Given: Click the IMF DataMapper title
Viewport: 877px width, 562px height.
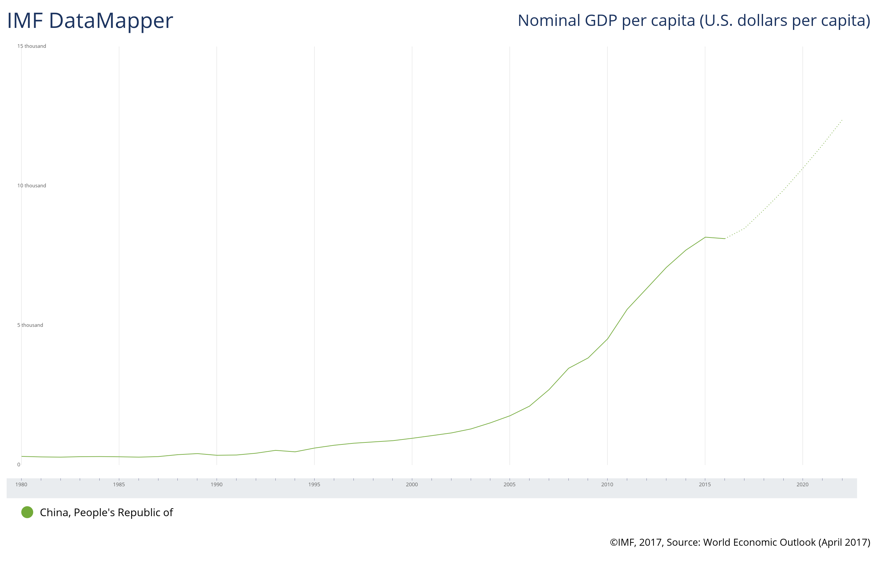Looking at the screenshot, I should pyautogui.click(x=90, y=21).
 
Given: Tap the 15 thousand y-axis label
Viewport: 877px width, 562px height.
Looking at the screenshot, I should pyautogui.click(x=32, y=46).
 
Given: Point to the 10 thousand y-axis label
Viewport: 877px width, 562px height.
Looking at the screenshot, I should pyautogui.click(x=32, y=185).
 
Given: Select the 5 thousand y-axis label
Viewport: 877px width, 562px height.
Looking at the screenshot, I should pyautogui.click(x=30, y=325).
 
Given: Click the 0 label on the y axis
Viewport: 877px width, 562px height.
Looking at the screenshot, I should pyautogui.click(x=19, y=465).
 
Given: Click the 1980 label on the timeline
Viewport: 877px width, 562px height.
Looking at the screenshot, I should pyautogui.click(x=21, y=484).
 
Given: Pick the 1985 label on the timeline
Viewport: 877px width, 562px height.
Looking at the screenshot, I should pyautogui.click(x=119, y=484).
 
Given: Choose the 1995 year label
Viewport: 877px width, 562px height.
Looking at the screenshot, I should pyautogui.click(x=314, y=484).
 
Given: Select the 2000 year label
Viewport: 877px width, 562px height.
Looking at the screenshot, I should pyautogui.click(x=412, y=484).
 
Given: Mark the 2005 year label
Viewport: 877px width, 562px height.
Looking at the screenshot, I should pyautogui.click(x=510, y=484).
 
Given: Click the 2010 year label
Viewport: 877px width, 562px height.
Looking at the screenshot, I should pyautogui.click(x=607, y=484).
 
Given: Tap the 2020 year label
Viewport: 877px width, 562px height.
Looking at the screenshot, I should pyautogui.click(x=803, y=484).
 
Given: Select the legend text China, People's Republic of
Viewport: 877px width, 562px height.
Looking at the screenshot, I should pyautogui.click(x=106, y=513).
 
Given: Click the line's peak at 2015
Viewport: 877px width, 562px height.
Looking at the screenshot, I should pyautogui.click(x=705, y=237).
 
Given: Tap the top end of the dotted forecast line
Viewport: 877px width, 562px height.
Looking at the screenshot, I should pyautogui.click(x=842, y=120).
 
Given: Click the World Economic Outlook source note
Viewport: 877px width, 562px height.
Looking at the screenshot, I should pyautogui.click(x=740, y=542).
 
